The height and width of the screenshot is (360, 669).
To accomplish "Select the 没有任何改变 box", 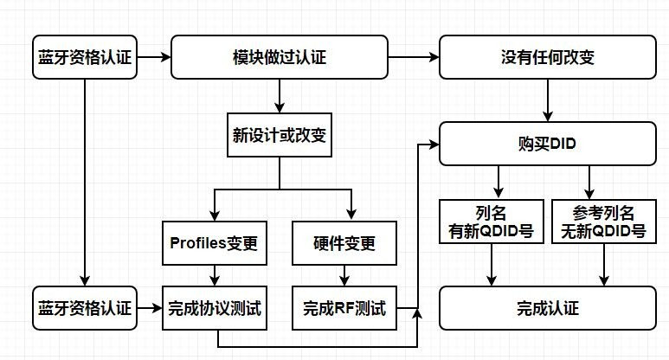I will click(547, 57).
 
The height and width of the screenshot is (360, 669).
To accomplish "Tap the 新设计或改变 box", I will click(279, 136).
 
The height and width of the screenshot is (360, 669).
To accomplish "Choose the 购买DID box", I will click(547, 144).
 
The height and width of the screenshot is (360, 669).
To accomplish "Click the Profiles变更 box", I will click(212, 243).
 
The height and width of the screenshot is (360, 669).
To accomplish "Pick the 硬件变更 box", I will click(344, 243).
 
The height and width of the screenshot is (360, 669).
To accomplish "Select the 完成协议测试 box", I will click(212, 308).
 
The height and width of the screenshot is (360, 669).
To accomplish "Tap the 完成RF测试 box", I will click(344, 308).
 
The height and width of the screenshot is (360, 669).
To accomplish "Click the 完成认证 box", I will click(547, 308).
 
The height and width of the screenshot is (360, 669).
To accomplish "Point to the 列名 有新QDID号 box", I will click(491, 221).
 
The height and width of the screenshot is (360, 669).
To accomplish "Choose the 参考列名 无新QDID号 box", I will click(603, 221).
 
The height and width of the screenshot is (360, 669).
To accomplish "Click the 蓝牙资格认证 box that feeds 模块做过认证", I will click(84, 57).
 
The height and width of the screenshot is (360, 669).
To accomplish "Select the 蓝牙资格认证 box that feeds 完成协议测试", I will click(84, 308).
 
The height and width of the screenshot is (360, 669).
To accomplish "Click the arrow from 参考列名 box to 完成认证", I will click(603, 264).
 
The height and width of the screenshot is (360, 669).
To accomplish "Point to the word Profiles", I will click(196, 243).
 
